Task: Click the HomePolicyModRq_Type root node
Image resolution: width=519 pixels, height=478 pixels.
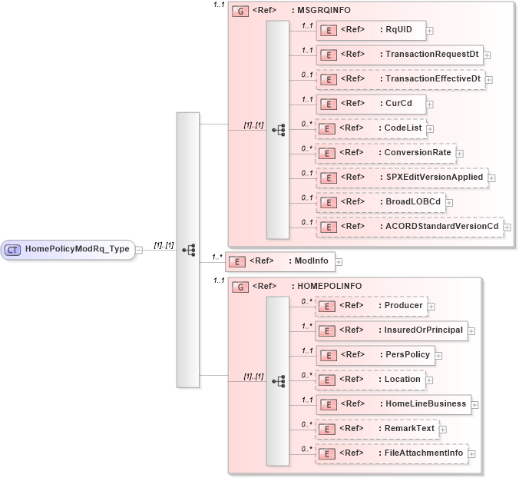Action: point(68,249)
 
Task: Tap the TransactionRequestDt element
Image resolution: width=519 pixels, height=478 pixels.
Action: point(399,55)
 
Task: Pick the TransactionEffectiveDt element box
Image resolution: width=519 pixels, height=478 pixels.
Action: point(400,79)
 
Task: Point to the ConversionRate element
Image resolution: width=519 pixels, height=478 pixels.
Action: point(385,153)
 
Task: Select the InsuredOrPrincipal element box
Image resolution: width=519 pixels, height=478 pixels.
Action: point(391,330)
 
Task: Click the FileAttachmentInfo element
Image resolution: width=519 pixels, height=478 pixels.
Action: point(391,453)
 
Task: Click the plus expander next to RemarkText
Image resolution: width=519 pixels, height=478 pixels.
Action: point(443,429)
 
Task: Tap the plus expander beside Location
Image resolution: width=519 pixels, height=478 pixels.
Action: point(429,380)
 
